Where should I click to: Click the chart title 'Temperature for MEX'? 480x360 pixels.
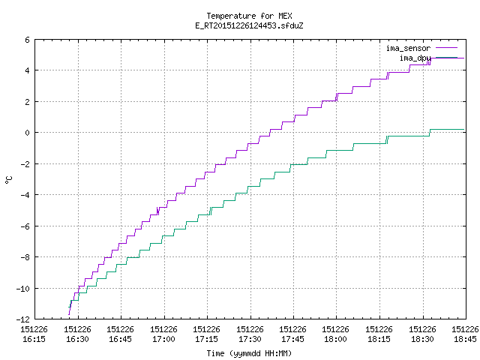pyautogui.click(x=249, y=16)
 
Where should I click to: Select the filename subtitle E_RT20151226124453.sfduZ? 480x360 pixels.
pyautogui.click(x=249, y=25)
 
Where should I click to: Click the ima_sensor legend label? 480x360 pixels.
pyautogui.click(x=408, y=48)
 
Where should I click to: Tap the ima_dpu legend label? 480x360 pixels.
pyautogui.click(x=415, y=58)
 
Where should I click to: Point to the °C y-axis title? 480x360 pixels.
pyautogui.click(x=8, y=180)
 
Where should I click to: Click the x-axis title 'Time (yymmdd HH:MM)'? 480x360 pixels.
pyautogui.click(x=249, y=353)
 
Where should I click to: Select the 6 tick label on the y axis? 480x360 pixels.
pyautogui.click(x=28, y=40)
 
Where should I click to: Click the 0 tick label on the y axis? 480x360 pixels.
pyautogui.click(x=28, y=133)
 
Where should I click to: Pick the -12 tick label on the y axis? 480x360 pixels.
pyautogui.click(x=23, y=319)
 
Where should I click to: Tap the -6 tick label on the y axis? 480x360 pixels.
pyautogui.click(x=25, y=226)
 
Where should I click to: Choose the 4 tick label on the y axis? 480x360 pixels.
pyautogui.click(x=28, y=70)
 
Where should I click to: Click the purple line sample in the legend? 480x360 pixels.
pyautogui.click(x=446, y=48)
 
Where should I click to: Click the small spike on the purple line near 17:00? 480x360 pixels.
pyautogui.click(x=157, y=211)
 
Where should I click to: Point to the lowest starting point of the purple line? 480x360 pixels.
pyautogui.click(x=69, y=314)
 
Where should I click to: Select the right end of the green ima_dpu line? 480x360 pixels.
pyautogui.click(x=463, y=130)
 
